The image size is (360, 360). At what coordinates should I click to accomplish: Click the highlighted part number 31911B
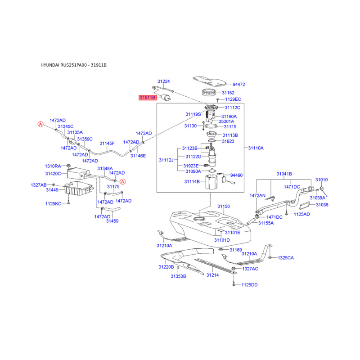147,97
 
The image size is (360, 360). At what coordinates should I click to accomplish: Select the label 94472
238,84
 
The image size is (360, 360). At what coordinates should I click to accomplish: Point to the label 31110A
256,148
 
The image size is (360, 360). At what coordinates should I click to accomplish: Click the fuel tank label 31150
224,207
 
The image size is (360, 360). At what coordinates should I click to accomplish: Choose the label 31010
321,180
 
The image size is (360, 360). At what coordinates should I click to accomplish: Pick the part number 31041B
284,173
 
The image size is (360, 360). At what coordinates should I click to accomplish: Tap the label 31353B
178,276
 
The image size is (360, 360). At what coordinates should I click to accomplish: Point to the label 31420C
53,173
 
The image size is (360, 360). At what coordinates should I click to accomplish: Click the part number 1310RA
53,166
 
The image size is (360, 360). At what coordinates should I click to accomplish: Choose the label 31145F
107,144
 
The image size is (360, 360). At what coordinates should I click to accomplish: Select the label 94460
236,175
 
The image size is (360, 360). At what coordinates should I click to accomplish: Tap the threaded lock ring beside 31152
208,95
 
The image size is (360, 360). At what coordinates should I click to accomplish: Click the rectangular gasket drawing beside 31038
304,205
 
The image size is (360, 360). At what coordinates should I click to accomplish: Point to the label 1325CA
285,258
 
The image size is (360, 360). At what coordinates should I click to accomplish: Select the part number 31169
236,250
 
